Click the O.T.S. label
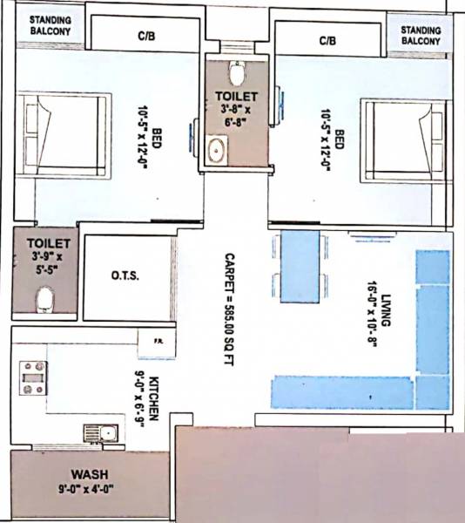coord(125,276)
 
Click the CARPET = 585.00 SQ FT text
coord(231,309)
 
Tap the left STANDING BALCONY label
coord(51,26)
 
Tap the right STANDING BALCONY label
coord(421,35)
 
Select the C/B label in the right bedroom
coord(327,40)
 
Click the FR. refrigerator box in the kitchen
coord(158,341)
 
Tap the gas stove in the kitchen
coord(33,377)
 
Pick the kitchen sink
coord(99,430)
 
